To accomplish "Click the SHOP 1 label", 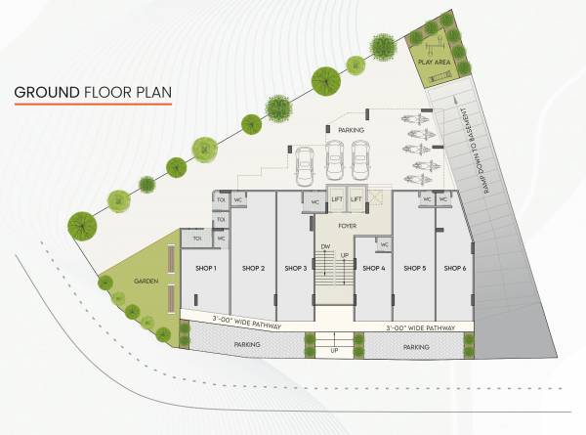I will (x=205, y=268).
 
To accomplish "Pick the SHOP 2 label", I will (x=254, y=268).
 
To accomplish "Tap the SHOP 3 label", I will (x=296, y=268).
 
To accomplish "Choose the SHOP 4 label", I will (x=373, y=268).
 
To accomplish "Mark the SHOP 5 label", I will (x=414, y=268).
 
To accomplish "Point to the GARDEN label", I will (x=146, y=282).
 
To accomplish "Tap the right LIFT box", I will (x=356, y=198).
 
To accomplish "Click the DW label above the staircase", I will (x=324, y=245).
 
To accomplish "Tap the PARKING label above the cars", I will (x=351, y=130).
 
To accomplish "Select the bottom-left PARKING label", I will (x=247, y=345).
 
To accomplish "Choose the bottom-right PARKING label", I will (x=416, y=346).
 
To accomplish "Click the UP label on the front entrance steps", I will (x=334, y=349).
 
